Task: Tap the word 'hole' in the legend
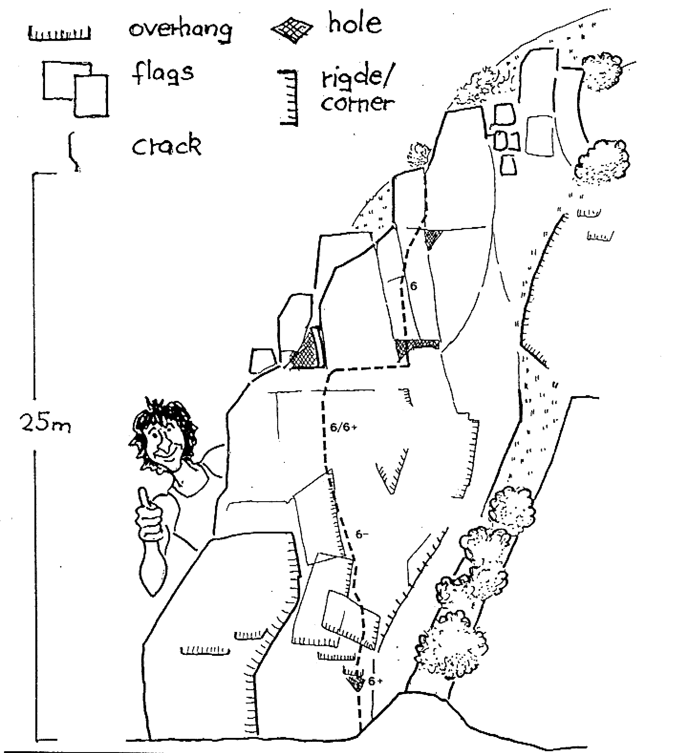(355, 23)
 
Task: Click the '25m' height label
(45, 423)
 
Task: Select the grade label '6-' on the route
(362, 534)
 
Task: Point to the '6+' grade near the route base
(375, 681)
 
